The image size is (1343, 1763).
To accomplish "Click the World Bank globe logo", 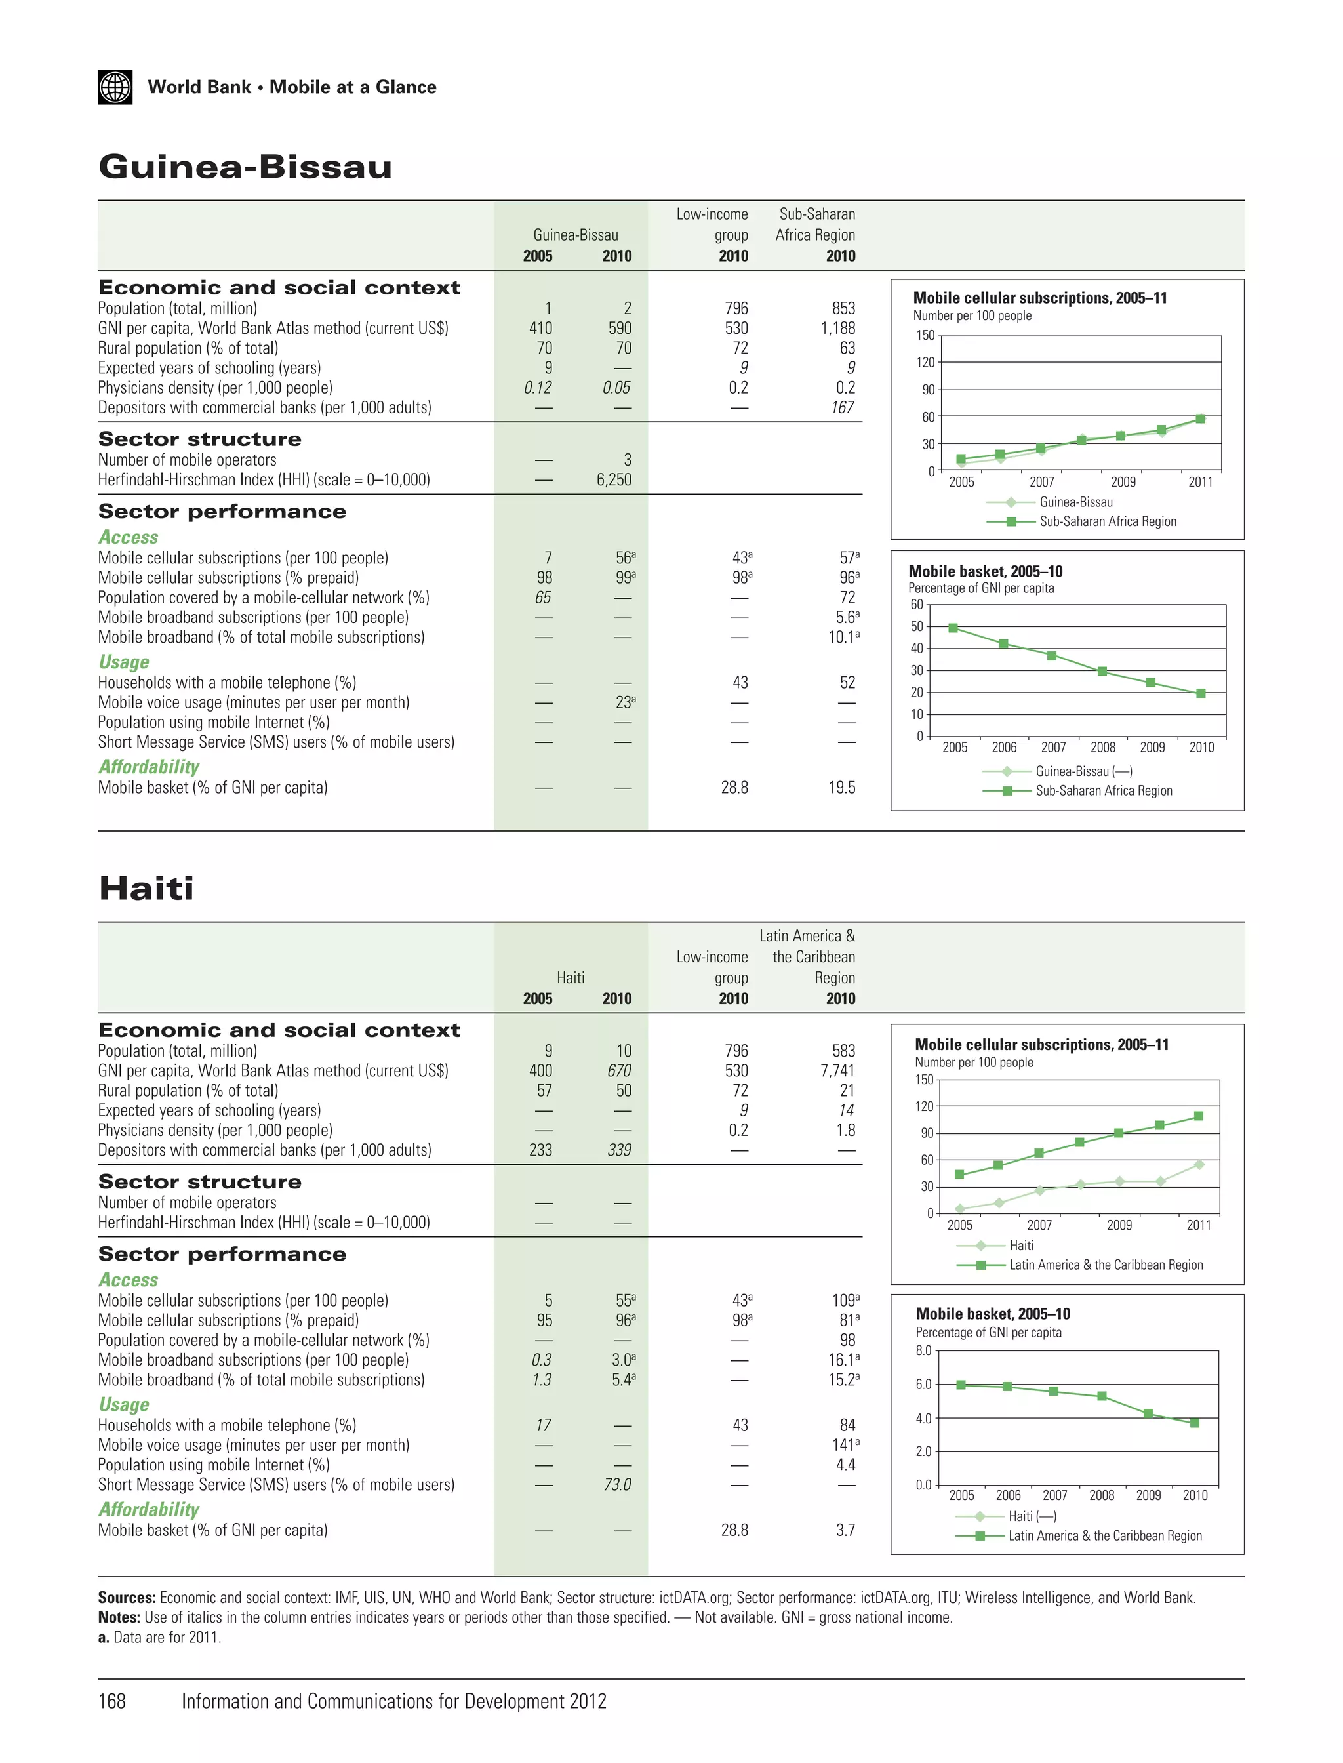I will click(115, 87).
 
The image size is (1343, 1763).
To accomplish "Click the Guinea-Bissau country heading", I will click(245, 167).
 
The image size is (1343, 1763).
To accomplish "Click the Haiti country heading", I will click(146, 888).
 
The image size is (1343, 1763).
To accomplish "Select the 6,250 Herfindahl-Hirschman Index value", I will click(613, 479).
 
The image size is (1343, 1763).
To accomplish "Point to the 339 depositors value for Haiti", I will click(619, 1150).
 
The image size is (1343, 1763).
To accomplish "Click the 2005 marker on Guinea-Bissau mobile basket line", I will click(953, 628).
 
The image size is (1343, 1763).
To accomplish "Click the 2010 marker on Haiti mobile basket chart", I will click(1194, 1423).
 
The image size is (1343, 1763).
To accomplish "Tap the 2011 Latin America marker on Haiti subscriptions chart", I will click(1198, 1116).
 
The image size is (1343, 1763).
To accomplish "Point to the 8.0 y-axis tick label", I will click(923, 1350).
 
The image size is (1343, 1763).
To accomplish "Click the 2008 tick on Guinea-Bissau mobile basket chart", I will click(1102, 748).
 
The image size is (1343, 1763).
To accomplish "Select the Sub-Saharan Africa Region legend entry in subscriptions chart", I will click(1107, 521).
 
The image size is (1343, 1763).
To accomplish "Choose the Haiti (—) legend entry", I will click(1032, 1516).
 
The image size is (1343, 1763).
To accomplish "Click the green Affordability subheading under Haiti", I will click(149, 1510).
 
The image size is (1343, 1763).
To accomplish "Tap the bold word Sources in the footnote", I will click(127, 1598).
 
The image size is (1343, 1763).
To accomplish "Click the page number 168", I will click(112, 1701).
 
